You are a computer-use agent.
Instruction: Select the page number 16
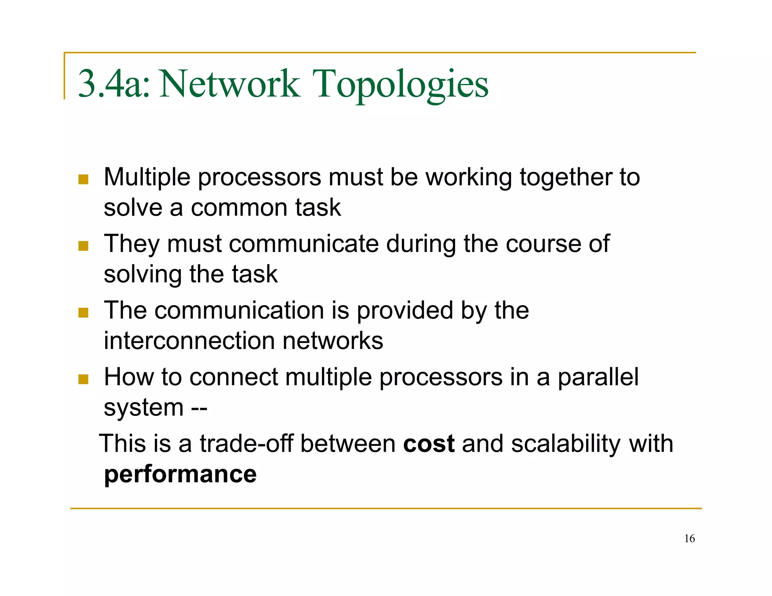689,538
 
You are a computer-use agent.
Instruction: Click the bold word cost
429,444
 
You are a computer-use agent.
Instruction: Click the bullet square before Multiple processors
83,179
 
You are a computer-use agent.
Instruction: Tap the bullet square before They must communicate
83,246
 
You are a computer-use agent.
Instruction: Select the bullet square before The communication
83,313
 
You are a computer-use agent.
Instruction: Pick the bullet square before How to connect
83,379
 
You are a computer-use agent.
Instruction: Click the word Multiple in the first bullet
147,177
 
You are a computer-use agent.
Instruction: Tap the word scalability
566,444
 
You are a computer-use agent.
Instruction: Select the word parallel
598,377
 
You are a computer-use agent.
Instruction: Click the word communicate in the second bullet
304,244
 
